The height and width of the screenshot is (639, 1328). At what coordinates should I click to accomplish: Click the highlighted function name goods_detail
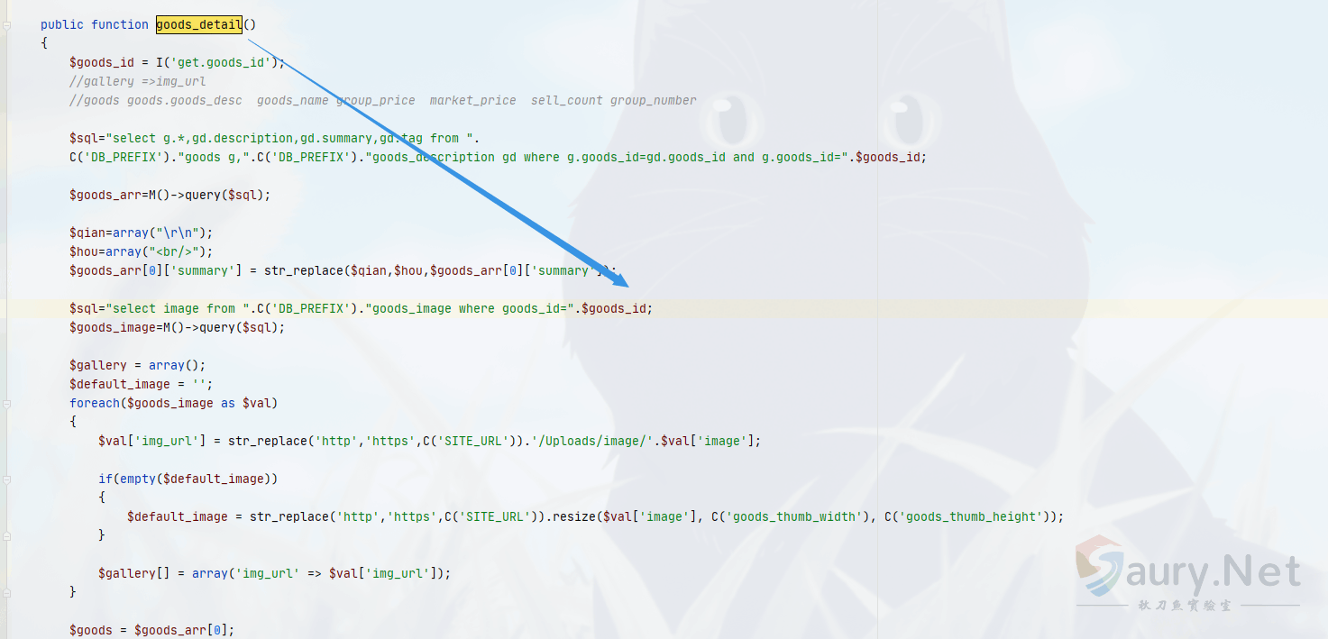199,24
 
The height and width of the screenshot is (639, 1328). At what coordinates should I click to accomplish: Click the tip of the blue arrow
628,287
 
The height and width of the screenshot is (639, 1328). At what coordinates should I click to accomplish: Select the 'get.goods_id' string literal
221,62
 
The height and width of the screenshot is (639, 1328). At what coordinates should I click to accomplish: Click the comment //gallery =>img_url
138,81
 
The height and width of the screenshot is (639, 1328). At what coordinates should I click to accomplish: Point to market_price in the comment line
472,100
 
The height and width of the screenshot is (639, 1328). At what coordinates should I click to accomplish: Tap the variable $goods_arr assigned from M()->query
105,195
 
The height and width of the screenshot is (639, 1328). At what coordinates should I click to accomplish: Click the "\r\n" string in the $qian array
178,233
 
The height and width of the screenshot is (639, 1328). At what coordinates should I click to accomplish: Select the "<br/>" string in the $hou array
174,252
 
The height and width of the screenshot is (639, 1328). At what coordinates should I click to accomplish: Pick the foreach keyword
95,403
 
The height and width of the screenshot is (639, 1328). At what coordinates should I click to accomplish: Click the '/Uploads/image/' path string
595,441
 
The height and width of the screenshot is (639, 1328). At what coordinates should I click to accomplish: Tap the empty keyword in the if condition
138,479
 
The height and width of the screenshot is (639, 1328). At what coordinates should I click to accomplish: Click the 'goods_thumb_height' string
971,517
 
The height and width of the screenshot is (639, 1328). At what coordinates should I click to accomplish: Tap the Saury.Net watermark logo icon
1100,565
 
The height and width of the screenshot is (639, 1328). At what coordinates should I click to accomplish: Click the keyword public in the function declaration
61,24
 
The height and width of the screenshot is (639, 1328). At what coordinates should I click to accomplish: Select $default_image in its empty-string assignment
119,384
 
